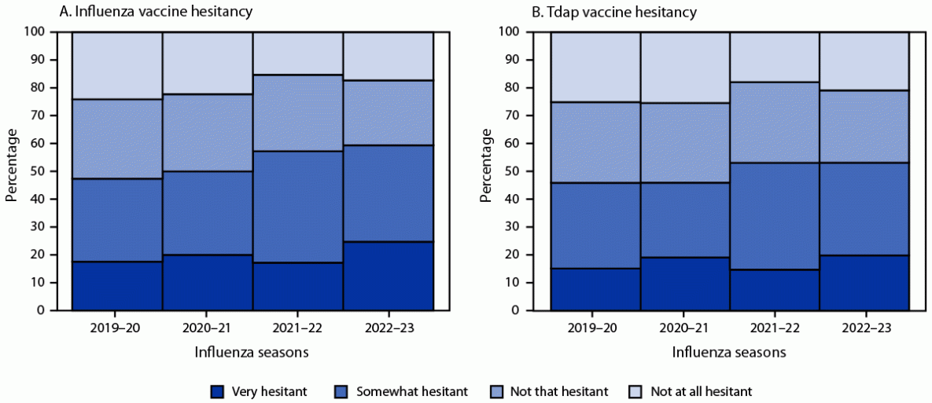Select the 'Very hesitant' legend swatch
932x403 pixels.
click(217, 390)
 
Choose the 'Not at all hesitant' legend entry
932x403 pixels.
click(702, 390)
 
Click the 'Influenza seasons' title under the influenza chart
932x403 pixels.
click(252, 353)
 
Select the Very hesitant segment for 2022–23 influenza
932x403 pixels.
click(388, 276)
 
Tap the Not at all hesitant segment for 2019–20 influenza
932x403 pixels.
click(116, 65)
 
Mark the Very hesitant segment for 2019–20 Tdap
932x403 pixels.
click(595, 289)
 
